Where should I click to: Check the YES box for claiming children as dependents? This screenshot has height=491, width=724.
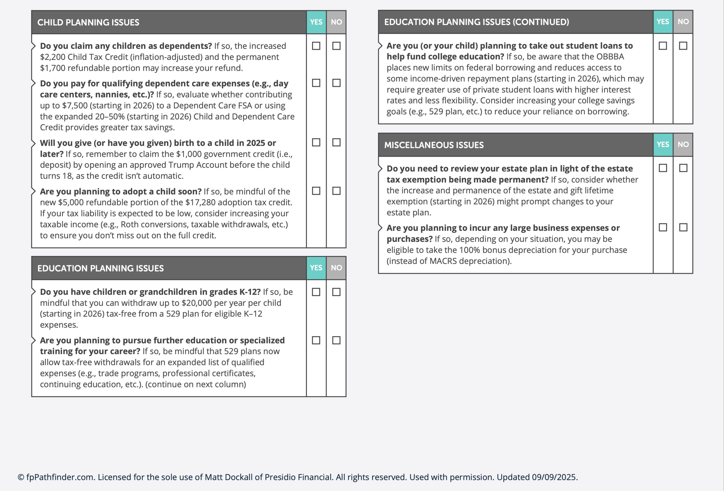point(316,46)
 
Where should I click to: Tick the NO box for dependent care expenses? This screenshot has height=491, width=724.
point(336,83)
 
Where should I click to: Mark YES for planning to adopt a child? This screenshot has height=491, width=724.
point(316,191)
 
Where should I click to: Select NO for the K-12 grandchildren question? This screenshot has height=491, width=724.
point(336,292)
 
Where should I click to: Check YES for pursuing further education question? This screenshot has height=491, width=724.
point(316,340)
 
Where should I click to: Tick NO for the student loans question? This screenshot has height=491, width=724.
point(683,46)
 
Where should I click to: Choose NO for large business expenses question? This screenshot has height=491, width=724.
point(683,227)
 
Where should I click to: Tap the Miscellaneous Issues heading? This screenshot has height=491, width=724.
point(434,145)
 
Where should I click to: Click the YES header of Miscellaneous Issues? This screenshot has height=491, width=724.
point(663,144)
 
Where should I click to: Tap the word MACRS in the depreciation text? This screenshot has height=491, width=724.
point(443,261)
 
